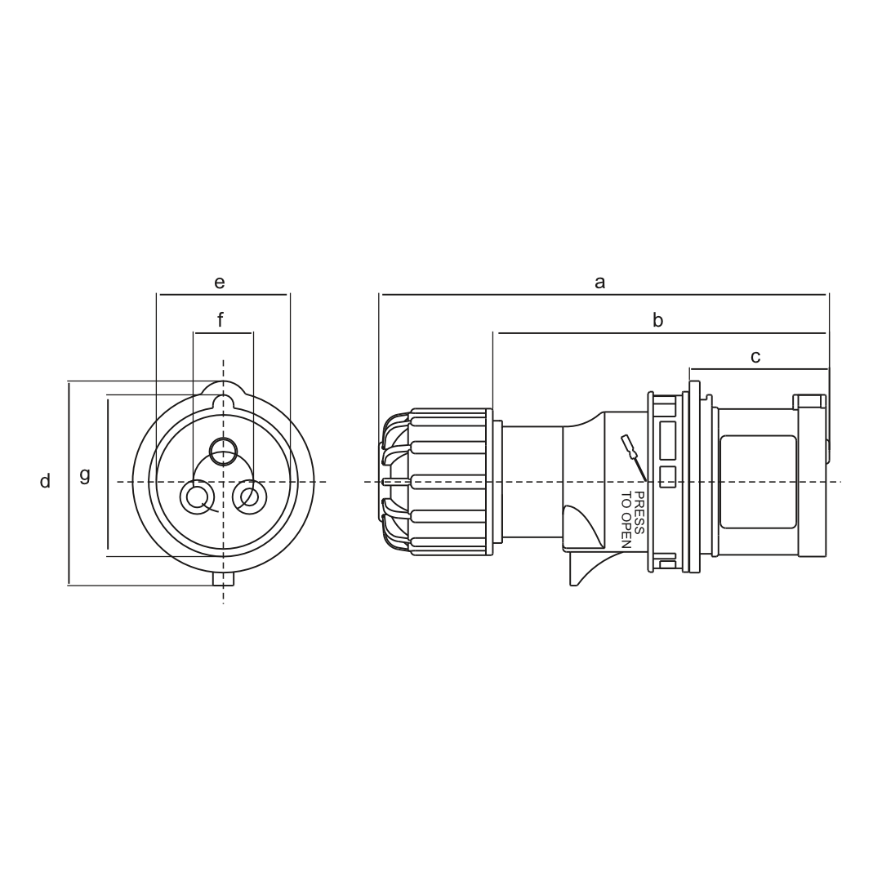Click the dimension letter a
(599, 282)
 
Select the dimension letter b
(657, 320)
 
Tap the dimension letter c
(755, 357)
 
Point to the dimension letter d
(45, 481)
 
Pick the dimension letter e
(220, 282)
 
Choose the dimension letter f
(220, 319)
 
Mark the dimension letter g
(84, 475)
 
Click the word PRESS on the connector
(639, 513)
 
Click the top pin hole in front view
(224, 451)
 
